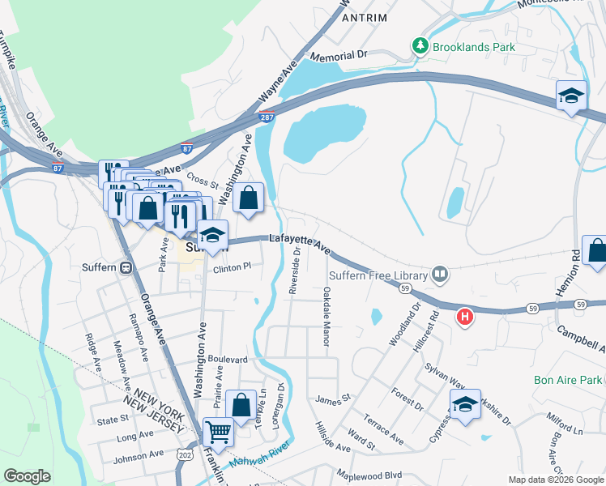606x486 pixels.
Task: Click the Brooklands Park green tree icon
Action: pyautogui.click(x=420, y=46)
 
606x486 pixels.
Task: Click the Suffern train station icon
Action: pyautogui.click(x=126, y=267)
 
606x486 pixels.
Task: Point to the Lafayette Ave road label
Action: pyautogui.click(x=300, y=244)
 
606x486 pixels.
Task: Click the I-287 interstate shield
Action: pyautogui.click(x=267, y=117)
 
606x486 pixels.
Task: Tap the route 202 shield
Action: pyautogui.click(x=185, y=457)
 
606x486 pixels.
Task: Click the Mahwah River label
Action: pyautogui.click(x=259, y=458)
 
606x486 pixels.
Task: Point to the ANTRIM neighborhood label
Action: pyautogui.click(x=365, y=17)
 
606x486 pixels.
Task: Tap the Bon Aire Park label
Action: pyautogui.click(x=568, y=380)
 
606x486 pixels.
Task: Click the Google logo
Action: pyautogui.click(x=27, y=476)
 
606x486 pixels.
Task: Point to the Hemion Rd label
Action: pyautogui.click(x=575, y=266)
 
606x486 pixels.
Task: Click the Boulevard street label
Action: pyautogui.click(x=227, y=359)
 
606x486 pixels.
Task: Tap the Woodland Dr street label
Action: pyautogui.click(x=405, y=325)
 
